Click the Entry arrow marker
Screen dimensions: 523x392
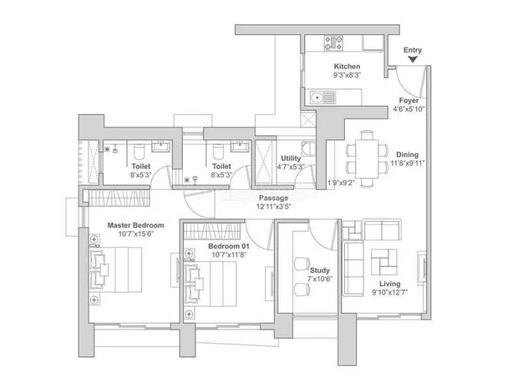coord(413,59)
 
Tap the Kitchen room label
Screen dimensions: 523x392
coord(347,66)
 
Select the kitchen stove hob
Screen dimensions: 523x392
coord(333,43)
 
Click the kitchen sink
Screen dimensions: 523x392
coord(322,98)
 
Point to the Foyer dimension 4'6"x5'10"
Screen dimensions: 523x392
coord(409,109)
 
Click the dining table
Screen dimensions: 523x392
coord(367,158)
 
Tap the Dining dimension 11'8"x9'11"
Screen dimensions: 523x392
coord(407,163)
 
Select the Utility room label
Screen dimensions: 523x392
coord(291,158)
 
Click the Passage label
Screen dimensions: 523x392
coord(273,198)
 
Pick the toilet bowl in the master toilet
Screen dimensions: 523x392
coord(138,151)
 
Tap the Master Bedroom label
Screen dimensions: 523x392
coord(135,225)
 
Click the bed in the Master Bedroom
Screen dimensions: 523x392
coord(115,269)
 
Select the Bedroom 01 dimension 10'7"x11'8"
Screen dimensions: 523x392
coord(229,254)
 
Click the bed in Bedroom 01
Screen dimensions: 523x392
coord(211,284)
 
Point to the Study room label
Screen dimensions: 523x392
coord(320,270)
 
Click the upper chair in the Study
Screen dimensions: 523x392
coord(302,264)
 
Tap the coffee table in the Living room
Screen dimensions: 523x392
coord(384,262)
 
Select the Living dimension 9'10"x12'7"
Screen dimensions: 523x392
coord(390,293)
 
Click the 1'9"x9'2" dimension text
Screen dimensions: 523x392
coord(341,183)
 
